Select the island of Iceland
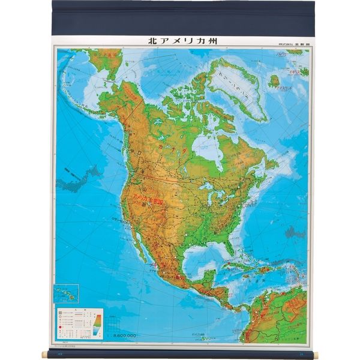274,80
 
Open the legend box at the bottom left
79,324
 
